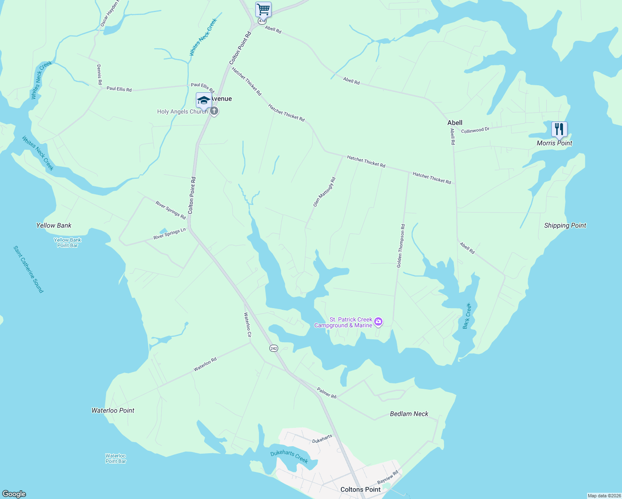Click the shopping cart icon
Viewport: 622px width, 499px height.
[x=263, y=9]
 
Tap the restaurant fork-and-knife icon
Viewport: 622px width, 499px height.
[x=559, y=129]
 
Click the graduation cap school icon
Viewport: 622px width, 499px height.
[x=204, y=100]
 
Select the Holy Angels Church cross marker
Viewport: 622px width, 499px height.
[x=214, y=111]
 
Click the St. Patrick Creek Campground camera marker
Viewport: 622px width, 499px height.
[x=378, y=321]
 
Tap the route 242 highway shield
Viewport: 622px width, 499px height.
[x=274, y=348]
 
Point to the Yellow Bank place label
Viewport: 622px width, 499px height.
[x=54, y=225]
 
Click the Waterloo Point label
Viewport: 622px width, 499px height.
[x=113, y=410]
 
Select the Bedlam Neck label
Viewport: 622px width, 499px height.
[x=409, y=414]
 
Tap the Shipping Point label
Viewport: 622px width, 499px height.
[x=565, y=225]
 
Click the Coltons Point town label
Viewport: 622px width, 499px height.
[x=360, y=489]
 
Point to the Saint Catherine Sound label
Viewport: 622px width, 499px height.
[x=28, y=269]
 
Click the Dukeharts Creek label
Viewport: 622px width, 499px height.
[x=289, y=457]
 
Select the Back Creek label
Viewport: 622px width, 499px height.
[x=467, y=316]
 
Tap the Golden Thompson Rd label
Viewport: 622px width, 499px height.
[x=401, y=246]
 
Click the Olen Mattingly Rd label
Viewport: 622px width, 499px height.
[x=324, y=192]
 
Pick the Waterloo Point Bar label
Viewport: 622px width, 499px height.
[x=116, y=458]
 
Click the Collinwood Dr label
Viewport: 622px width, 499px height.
[x=475, y=130]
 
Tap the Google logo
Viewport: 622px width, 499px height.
[x=14, y=494]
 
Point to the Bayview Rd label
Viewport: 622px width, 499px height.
[x=388, y=477]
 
